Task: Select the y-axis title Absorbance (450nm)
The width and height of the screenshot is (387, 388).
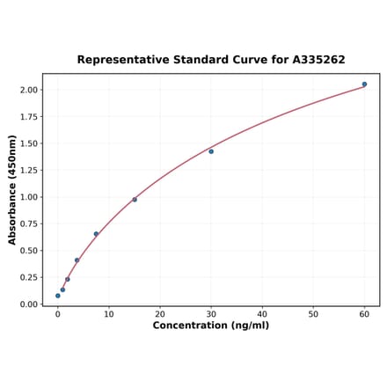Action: point(12,190)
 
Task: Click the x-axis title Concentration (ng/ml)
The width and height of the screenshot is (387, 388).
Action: point(211,326)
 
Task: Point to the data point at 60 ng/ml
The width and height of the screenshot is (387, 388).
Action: point(364,84)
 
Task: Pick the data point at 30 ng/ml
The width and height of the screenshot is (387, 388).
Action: point(211,151)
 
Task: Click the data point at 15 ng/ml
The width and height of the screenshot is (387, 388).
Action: point(135,200)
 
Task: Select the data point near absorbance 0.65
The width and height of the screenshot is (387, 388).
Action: point(96,234)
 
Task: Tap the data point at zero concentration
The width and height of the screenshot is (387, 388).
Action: point(58,296)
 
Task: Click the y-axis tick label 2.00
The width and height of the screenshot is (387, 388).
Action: point(28,90)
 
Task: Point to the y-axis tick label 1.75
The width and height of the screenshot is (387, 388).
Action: point(28,116)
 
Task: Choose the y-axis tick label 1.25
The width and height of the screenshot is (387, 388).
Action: point(28,170)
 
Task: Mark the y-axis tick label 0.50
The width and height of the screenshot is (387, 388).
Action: point(28,251)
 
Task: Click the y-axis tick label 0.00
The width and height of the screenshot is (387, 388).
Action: point(28,304)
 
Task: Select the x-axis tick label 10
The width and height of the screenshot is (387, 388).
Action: point(109,313)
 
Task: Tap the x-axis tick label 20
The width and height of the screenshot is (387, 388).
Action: point(160,313)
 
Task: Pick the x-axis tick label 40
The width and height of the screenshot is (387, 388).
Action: point(262,313)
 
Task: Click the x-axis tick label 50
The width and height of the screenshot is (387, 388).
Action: point(313,313)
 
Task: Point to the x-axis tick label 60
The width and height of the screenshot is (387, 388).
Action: point(364,313)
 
